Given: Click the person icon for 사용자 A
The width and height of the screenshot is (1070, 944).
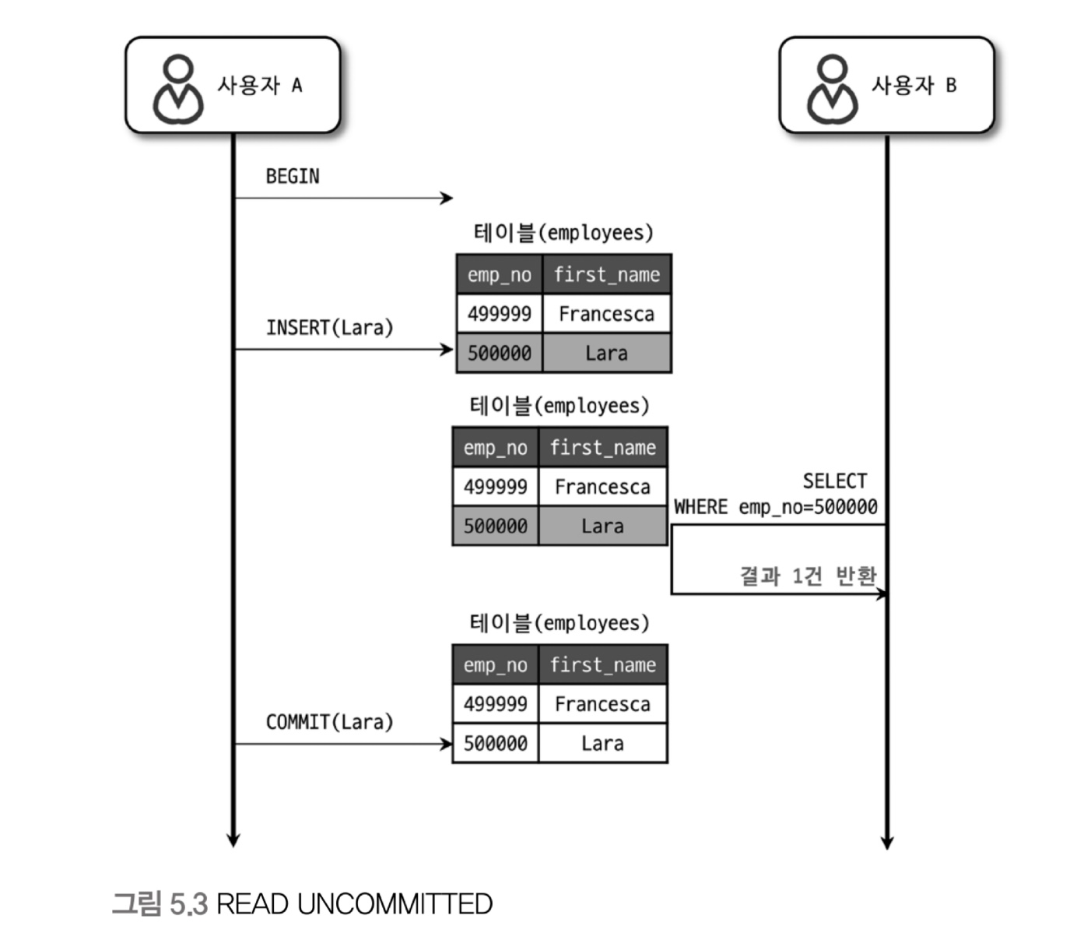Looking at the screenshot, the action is click(x=178, y=89).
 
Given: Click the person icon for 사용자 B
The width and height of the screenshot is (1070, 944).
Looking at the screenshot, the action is click(x=832, y=89).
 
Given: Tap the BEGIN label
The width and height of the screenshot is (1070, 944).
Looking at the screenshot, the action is click(x=293, y=176).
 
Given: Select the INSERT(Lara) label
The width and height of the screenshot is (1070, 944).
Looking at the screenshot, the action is click(x=329, y=328).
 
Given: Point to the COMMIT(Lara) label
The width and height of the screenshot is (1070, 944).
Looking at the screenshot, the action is click(x=329, y=721).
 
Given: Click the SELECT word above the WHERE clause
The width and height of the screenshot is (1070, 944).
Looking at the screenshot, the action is click(x=834, y=481).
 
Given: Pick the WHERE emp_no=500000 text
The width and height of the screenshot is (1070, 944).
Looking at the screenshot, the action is click(x=775, y=507).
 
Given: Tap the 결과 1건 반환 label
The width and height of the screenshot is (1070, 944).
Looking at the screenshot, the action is click(x=808, y=576).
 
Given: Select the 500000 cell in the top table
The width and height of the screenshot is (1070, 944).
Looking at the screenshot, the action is click(x=499, y=353).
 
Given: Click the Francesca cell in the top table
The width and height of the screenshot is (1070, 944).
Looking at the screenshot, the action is click(x=607, y=314).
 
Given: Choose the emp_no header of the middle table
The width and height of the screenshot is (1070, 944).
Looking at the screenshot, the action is click(x=496, y=448).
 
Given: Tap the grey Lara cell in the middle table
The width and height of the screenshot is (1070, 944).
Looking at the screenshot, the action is click(x=602, y=526).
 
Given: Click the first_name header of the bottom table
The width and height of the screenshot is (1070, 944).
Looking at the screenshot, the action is click(x=602, y=665).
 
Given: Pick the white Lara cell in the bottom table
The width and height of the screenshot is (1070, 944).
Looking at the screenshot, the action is click(x=602, y=743).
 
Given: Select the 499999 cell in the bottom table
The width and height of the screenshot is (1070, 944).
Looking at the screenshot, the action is click(x=496, y=704).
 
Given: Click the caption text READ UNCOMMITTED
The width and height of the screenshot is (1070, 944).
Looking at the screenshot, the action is click(x=354, y=903).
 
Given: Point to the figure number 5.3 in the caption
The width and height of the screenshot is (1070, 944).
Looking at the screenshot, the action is click(x=188, y=903).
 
